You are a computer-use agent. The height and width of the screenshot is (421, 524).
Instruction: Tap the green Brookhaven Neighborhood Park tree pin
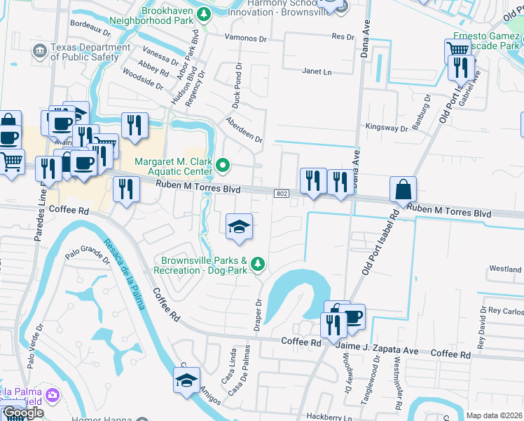point(203,13)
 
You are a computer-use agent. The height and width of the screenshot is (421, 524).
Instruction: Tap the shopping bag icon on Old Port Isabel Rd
point(404,189)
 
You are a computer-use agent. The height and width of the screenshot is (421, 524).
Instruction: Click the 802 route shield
point(281,193)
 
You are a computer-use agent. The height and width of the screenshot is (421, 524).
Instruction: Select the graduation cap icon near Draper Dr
point(239,227)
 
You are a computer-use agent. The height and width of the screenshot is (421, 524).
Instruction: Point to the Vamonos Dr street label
point(248,37)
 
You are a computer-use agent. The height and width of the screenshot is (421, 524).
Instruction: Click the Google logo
point(22,413)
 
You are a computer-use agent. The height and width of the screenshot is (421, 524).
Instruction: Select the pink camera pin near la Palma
point(52,395)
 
